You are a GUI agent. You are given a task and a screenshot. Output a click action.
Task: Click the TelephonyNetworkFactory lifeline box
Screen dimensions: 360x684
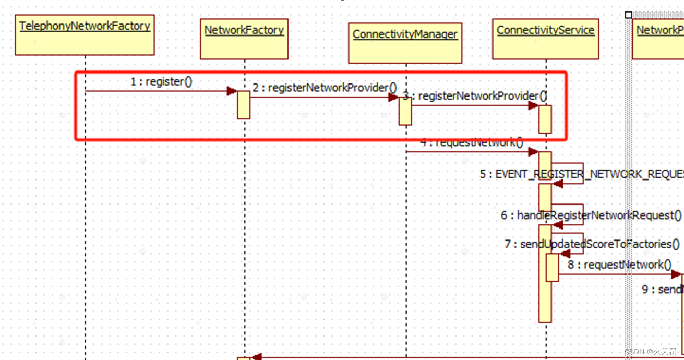pyautogui.click(x=85, y=35)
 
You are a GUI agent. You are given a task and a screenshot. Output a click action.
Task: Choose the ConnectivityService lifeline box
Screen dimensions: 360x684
pyautogui.click(x=545, y=39)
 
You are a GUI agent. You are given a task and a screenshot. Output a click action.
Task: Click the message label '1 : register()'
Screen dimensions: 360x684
pyautogui.click(x=161, y=81)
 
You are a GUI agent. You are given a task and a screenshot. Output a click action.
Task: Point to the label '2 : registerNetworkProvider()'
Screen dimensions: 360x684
pyautogui.click(x=325, y=88)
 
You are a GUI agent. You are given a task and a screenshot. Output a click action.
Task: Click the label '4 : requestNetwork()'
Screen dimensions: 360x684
pyautogui.click(x=472, y=142)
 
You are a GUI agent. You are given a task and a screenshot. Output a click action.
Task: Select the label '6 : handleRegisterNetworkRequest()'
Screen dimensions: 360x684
pyautogui.click(x=591, y=215)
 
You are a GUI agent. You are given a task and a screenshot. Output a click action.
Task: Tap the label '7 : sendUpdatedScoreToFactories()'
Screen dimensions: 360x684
pyautogui.click(x=592, y=244)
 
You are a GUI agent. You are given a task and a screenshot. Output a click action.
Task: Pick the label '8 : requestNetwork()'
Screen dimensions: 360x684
pyautogui.click(x=619, y=265)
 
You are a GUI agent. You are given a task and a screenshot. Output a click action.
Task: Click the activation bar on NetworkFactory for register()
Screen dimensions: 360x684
pyautogui.click(x=244, y=105)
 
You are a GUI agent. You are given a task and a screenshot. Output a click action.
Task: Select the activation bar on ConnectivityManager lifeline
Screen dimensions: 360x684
pyautogui.click(x=405, y=111)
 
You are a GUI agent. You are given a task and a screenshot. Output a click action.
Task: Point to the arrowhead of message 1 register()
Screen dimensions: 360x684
pyautogui.click(x=232, y=91)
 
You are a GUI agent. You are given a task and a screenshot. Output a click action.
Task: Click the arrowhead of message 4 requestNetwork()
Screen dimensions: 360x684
pyautogui.click(x=533, y=152)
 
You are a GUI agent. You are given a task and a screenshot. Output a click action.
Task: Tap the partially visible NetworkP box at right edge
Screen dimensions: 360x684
pyautogui.click(x=658, y=39)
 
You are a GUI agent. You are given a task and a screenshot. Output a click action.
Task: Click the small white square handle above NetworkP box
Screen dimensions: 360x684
pyautogui.click(x=628, y=15)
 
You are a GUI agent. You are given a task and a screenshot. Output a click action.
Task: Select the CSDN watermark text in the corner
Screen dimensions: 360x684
pyautogui.click(x=651, y=352)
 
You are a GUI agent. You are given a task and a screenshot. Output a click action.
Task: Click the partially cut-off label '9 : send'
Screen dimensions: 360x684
pyautogui.click(x=663, y=289)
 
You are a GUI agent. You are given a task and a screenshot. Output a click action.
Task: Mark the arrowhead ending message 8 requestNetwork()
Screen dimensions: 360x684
pyautogui.click(x=677, y=274)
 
